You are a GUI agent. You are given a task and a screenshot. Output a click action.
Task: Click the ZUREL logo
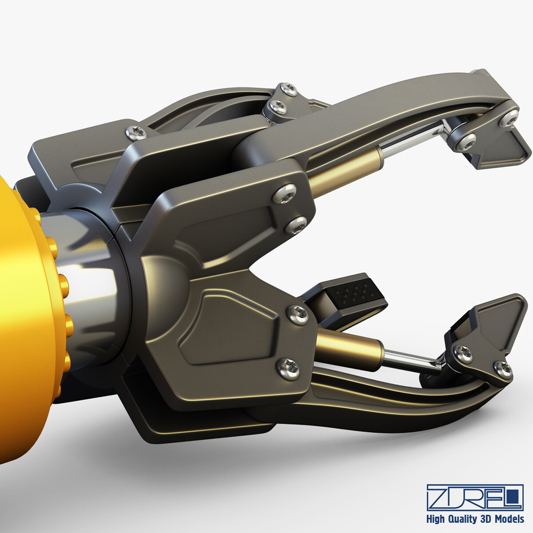coord(475,497)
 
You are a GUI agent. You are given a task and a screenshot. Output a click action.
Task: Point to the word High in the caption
coord(437,519)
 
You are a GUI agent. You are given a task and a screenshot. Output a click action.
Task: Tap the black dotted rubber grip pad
coord(355,293)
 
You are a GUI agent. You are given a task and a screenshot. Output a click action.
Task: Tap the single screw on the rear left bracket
coord(136,131)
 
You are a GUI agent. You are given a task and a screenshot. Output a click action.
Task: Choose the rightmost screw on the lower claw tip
coord(504,368)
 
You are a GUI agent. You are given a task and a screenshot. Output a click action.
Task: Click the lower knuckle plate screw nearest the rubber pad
coord(298,314)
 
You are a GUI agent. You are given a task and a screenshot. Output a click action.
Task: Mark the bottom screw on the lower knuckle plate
coord(287,368)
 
